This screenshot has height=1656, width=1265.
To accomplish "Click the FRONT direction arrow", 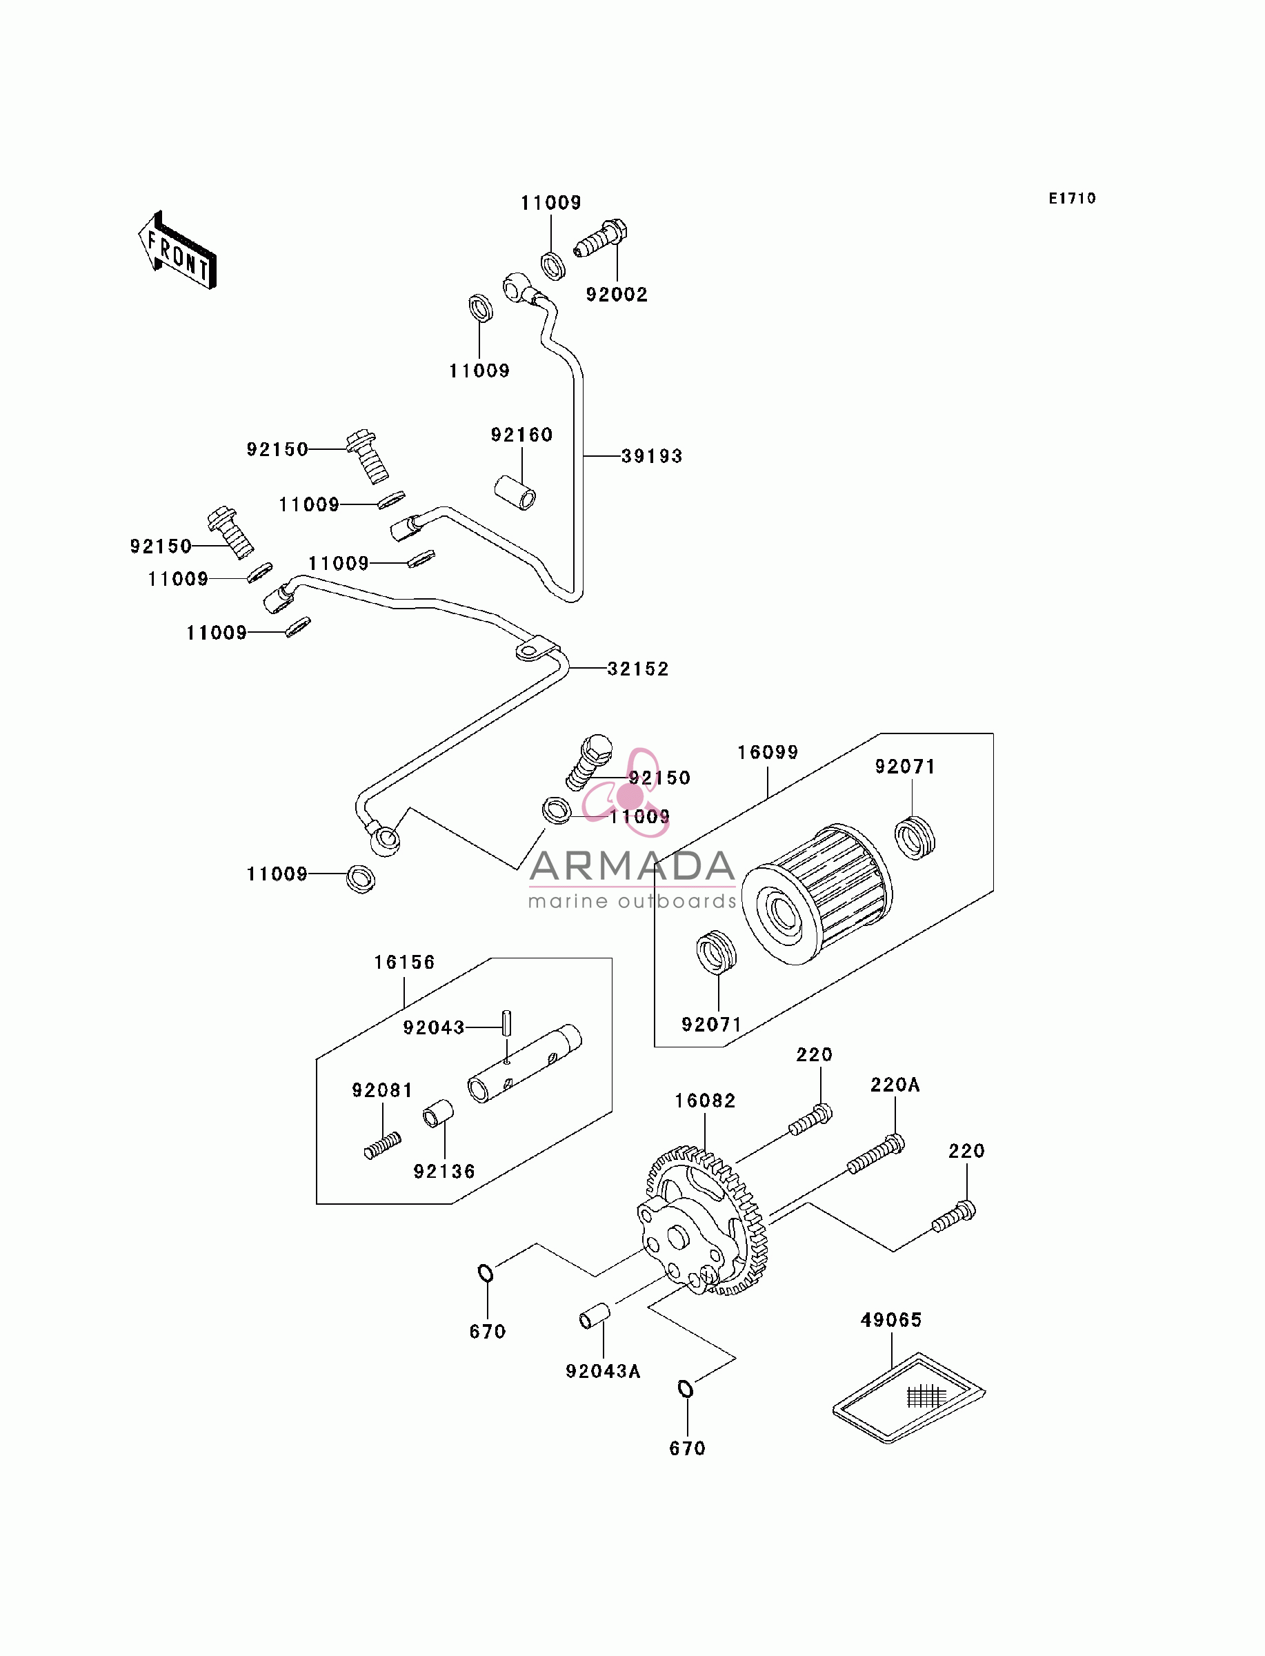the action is (x=178, y=250).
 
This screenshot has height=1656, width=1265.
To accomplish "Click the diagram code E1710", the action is (x=1073, y=198).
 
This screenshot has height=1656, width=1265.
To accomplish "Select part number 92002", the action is (x=617, y=295).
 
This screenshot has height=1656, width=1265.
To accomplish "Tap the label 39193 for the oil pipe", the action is (x=652, y=455).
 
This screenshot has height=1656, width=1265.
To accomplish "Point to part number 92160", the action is (x=522, y=435).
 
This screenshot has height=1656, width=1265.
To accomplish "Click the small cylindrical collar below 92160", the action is (x=516, y=493).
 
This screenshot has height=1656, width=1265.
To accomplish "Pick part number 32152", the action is (x=639, y=668).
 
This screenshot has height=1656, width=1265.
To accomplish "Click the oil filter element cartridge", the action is (x=817, y=894).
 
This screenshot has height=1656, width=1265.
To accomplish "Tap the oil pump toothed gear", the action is (x=706, y=1221).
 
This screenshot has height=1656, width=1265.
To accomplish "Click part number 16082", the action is (x=705, y=1101).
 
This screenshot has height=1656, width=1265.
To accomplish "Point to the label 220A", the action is (x=895, y=1085).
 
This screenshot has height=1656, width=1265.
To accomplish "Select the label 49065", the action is (x=892, y=1319).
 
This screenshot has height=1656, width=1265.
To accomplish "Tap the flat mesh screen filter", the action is (x=909, y=1398).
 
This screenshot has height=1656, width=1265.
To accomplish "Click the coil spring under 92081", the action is (x=383, y=1146).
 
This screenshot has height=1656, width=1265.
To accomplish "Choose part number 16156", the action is (x=404, y=962).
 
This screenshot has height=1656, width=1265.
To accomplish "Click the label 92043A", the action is (x=603, y=1371).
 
